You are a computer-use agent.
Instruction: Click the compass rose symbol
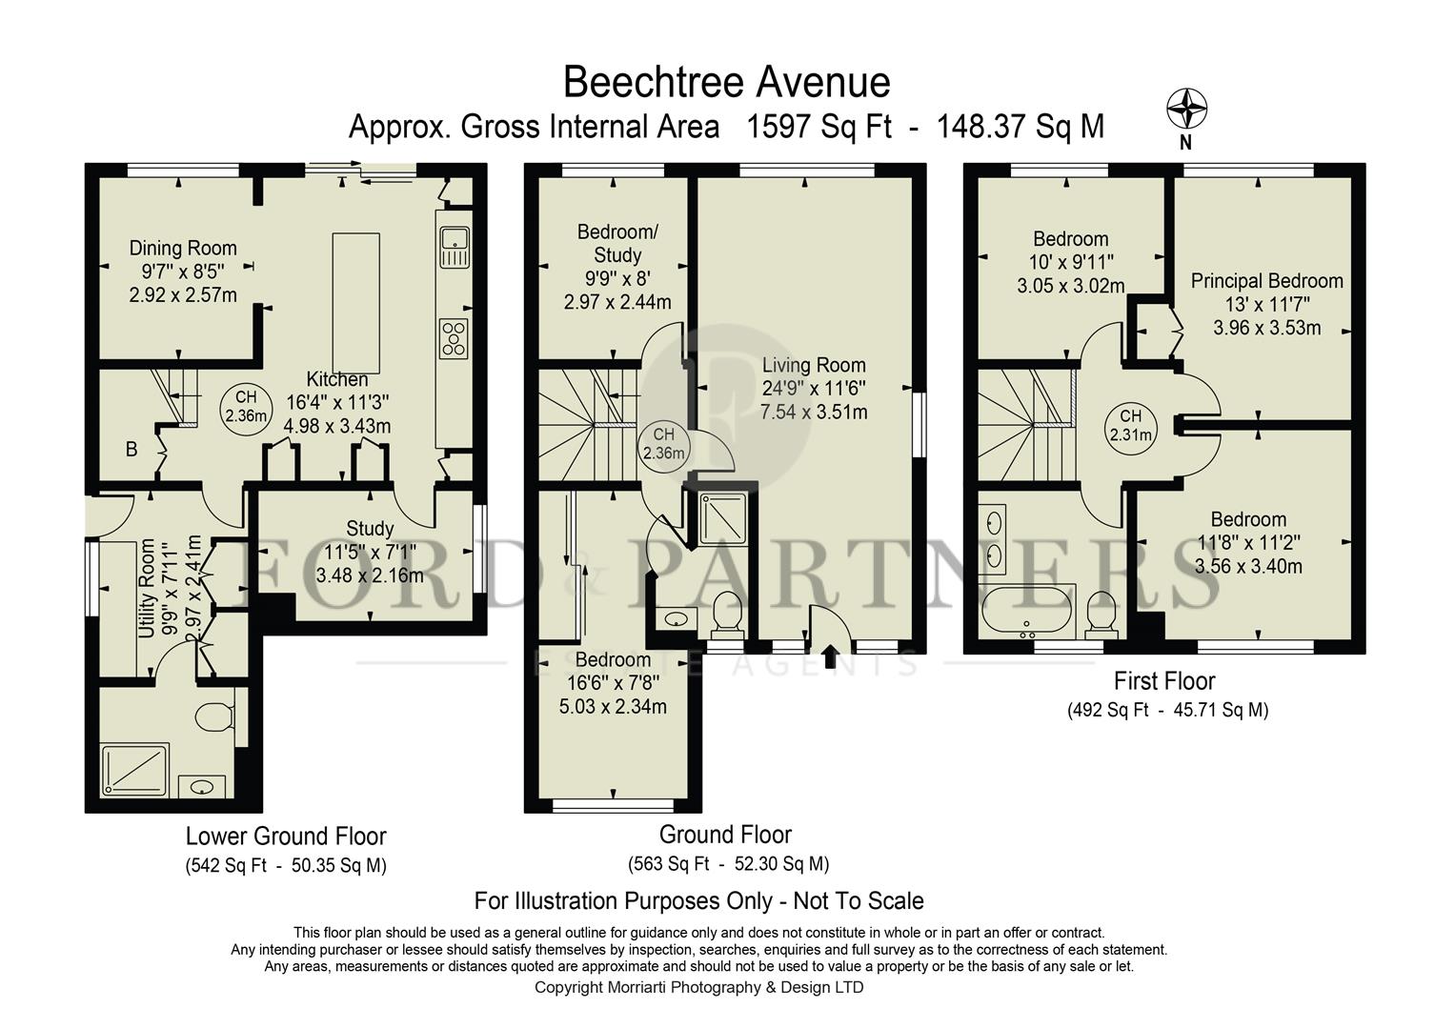(1186, 109)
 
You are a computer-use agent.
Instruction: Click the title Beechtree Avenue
(726, 82)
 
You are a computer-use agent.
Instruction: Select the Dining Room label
(183, 249)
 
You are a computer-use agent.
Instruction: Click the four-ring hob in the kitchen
(454, 338)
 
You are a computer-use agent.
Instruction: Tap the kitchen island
(355, 303)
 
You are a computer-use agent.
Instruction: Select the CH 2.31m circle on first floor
(1130, 426)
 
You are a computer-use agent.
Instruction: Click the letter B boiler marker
(131, 449)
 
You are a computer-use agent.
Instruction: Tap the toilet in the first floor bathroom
(1101, 612)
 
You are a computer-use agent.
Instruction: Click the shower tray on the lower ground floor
(135, 768)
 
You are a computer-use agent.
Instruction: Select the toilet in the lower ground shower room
(216, 716)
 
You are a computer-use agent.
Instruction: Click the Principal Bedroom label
(1266, 281)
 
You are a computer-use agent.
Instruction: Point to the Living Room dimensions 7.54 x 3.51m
(814, 413)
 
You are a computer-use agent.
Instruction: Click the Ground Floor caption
(725, 835)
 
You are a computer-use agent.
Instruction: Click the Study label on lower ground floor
(370, 529)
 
